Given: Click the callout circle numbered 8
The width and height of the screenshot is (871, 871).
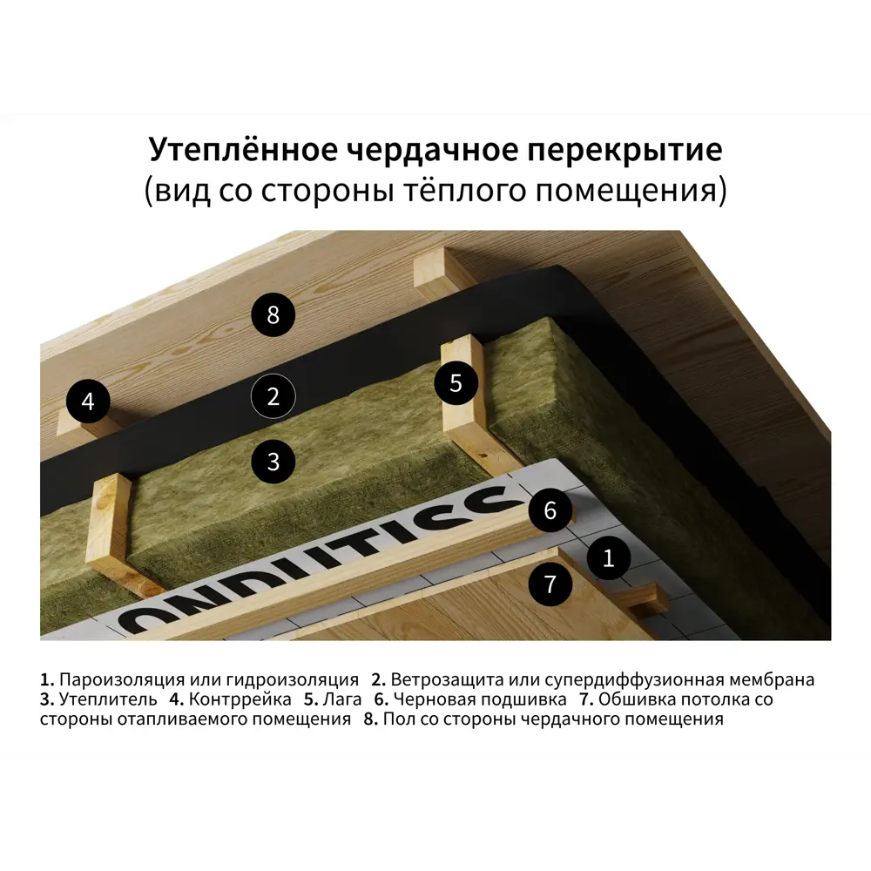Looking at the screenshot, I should [273, 314].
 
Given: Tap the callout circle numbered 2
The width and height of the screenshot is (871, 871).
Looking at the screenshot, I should [273, 397].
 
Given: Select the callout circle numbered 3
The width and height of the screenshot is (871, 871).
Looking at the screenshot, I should [273, 461].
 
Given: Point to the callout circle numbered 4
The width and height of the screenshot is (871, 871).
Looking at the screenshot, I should [87, 402].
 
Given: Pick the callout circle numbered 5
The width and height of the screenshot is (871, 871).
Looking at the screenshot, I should [456, 382].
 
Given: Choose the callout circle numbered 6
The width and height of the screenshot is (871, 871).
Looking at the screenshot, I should [550, 510].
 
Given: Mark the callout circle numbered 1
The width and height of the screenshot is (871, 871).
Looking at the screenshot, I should [608, 558].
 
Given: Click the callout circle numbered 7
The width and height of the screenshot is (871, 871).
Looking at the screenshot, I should [550, 583].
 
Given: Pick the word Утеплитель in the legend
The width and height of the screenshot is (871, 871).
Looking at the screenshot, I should [109, 699].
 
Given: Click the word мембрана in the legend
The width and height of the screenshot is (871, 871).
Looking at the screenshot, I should [771, 679].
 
